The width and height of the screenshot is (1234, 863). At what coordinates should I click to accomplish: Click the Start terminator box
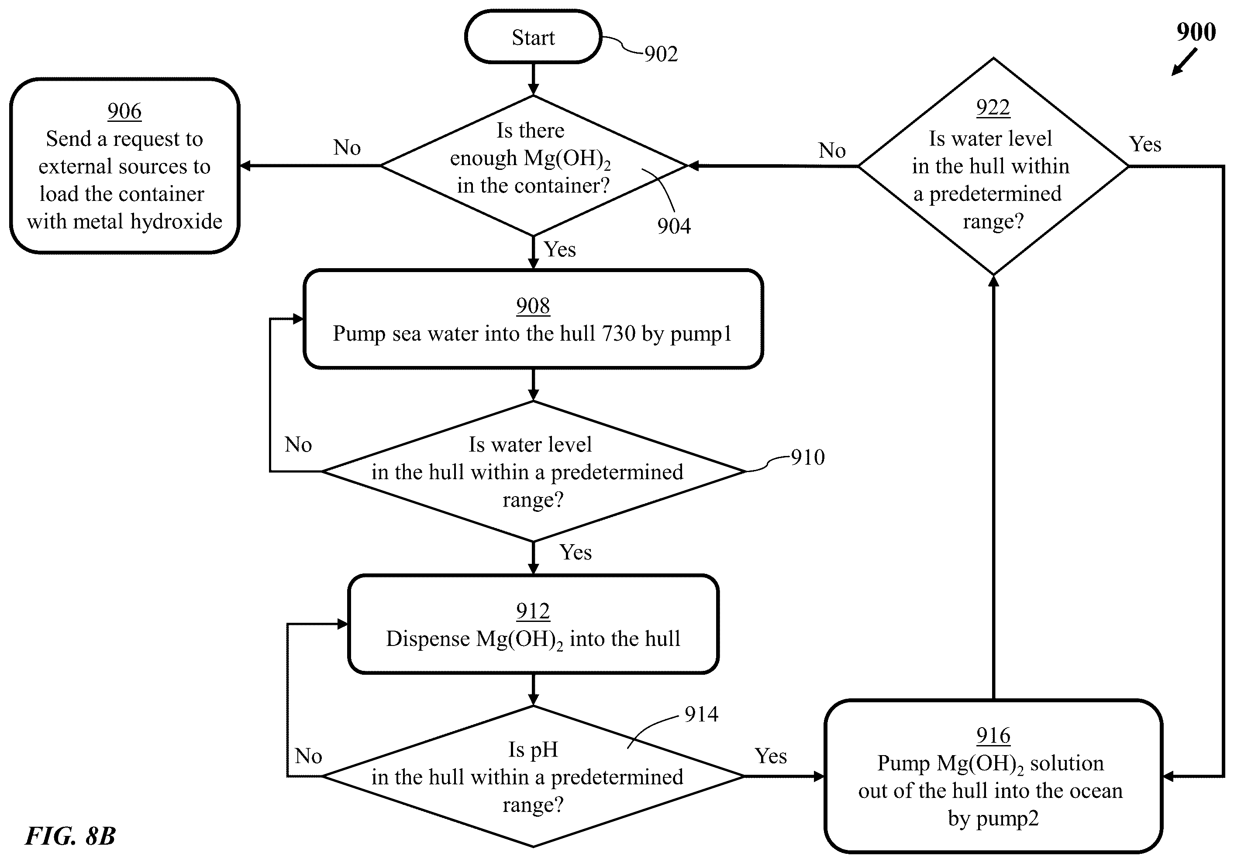[533, 37]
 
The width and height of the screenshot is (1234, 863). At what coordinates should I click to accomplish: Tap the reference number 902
[661, 54]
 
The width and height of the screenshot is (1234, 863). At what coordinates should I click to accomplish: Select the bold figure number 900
[1196, 32]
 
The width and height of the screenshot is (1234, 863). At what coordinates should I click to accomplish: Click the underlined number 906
[124, 111]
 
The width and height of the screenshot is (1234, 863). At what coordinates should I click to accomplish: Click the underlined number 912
[533, 611]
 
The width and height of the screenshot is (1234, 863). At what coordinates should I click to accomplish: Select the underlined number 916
[993, 735]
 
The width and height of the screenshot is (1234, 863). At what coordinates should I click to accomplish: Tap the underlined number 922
[993, 107]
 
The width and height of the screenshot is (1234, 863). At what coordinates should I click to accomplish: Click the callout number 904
[674, 226]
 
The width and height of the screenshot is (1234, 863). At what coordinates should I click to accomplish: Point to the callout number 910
[808, 457]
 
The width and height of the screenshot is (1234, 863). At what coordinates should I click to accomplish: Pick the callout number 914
[701, 714]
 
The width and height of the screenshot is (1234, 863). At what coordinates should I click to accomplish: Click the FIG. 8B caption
[70, 835]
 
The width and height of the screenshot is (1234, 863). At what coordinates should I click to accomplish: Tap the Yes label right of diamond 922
[1145, 144]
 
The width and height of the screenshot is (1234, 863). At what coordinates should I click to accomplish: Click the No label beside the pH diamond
[308, 756]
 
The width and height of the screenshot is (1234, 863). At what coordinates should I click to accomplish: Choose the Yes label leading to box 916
[771, 756]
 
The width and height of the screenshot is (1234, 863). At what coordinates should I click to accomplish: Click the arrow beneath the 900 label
[1185, 62]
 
